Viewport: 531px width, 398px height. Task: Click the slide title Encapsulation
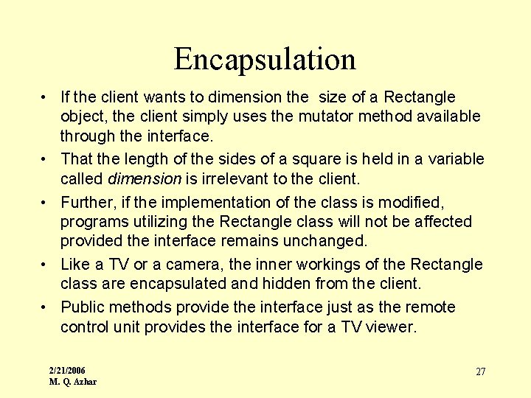click(x=265, y=59)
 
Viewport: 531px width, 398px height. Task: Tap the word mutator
click(x=324, y=116)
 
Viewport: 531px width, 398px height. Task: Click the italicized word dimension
click(x=145, y=178)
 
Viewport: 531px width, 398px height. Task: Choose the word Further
click(x=86, y=202)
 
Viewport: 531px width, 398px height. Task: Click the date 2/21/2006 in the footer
click(x=67, y=369)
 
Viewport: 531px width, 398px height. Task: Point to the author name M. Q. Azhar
click(x=72, y=381)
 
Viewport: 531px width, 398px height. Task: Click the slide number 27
click(x=480, y=371)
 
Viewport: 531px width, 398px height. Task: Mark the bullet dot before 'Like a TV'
click(x=46, y=265)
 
